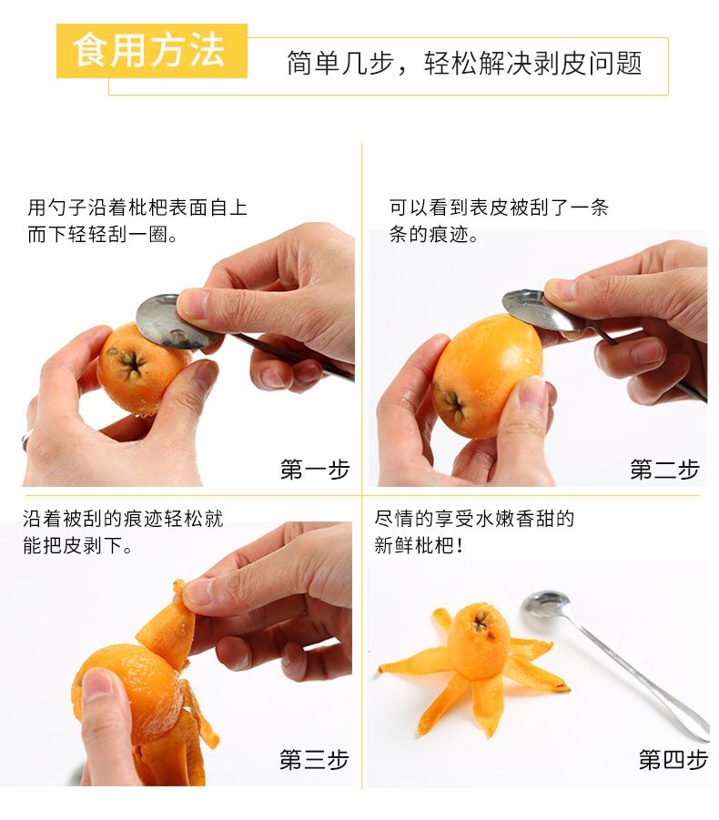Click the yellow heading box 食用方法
click(152, 51)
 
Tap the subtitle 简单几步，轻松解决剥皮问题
click(464, 64)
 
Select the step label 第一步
click(315, 469)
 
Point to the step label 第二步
click(664, 469)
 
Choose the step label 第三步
click(314, 759)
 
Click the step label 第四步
click(673, 759)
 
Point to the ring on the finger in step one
click(25, 440)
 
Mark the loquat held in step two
click(486, 377)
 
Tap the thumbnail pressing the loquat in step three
click(97, 685)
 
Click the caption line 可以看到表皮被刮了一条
click(499, 208)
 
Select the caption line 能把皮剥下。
click(77, 546)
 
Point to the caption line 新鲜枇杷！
click(419, 546)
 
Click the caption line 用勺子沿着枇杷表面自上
click(137, 208)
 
